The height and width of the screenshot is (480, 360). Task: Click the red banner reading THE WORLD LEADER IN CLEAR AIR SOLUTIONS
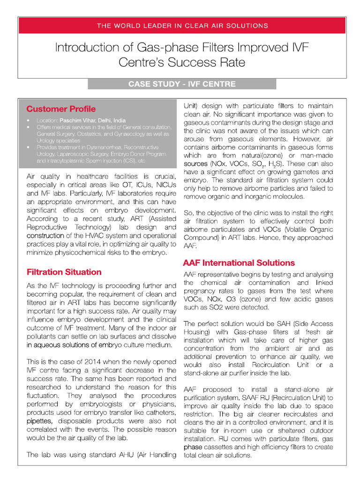coord(182,25)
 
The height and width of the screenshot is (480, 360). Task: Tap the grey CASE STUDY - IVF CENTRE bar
coord(182,84)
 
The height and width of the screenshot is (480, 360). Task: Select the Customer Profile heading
coord(61,109)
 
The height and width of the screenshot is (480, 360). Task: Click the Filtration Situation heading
coord(64,272)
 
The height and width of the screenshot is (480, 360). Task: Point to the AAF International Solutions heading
coord(239,262)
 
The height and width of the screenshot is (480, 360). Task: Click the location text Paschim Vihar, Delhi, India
coord(92,120)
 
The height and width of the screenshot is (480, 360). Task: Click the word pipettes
coord(39,421)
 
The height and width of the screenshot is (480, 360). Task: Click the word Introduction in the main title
coord(83,48)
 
